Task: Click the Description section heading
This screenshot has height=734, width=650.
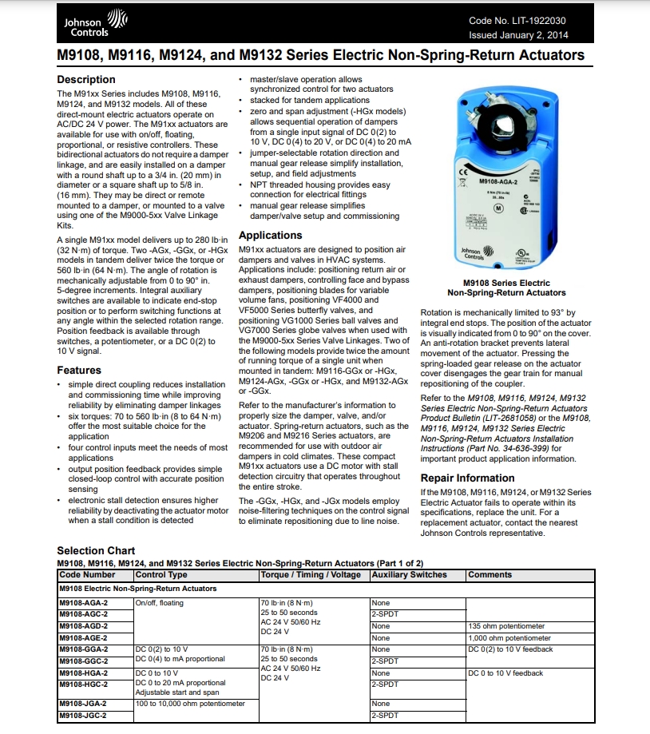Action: pyautogui.click(x=86, y=80)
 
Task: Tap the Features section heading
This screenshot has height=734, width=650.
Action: pyautogui.click(x=79, y=370)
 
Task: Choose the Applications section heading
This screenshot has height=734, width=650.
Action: pyautogui.click(x=270, y=236)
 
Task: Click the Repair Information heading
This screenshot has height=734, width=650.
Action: pyautogui.click(x=467, y=478)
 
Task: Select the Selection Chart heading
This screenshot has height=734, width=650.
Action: pyautogui.click(x=96, y=550)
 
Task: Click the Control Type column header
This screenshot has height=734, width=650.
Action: pyautogui.click(x=161, y=574)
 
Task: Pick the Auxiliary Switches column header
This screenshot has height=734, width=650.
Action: pyautogui.click(x=410, y=574)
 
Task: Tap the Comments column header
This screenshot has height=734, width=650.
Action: pyautogui.click(x=489, y=574)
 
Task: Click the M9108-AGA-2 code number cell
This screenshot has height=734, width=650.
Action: pyautogui.click(x=84, y=603)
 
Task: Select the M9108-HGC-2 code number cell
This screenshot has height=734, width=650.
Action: pyautogui.click(x=84, y=684)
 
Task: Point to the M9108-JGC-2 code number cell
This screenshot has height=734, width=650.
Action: pyautogui.click(x=84, y=715)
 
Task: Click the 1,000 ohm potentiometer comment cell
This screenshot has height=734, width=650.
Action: pyautogui.click(x=509, y=638)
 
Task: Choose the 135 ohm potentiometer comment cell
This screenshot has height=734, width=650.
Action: pyautogui.click(x=506, y=626)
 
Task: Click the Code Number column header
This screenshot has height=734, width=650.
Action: pyautogui.click(x=88, y=574)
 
